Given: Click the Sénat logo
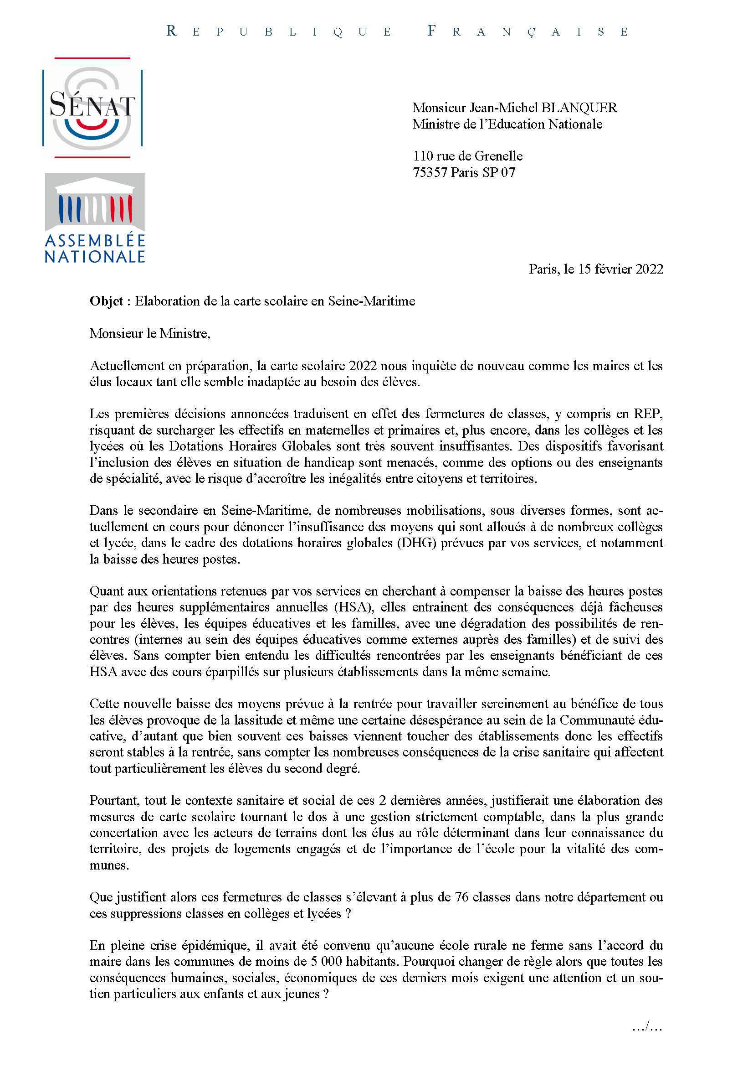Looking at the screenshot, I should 92,108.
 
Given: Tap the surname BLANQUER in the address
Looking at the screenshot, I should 579,108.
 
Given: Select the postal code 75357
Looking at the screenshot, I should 430,172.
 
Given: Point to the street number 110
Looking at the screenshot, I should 423,156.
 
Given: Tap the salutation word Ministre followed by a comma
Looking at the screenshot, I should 185,334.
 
